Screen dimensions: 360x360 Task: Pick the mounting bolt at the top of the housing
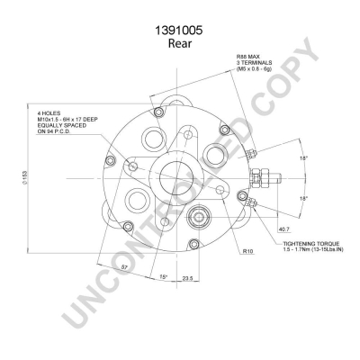(158, 113)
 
